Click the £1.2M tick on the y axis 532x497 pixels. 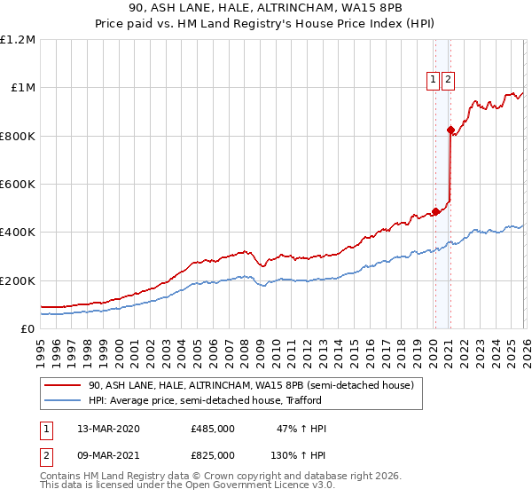pos(18,40)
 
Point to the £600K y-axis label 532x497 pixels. pos(18,185)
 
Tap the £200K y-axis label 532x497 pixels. pos(18,280)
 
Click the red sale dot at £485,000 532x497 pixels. pos(435,212)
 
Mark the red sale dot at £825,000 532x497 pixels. pos(450,130)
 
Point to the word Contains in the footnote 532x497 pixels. pos(61,477)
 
